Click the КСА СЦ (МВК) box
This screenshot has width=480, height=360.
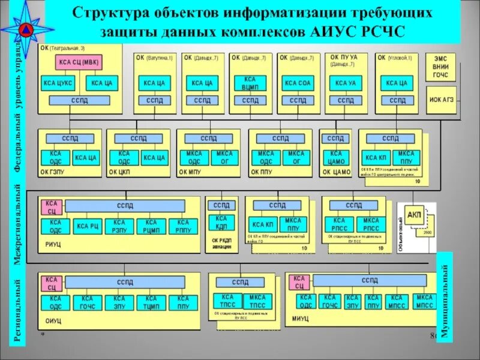79,62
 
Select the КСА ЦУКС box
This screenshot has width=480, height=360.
56,83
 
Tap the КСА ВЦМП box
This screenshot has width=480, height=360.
250,83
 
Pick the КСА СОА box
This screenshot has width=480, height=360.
298,83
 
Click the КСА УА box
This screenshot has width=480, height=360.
346,83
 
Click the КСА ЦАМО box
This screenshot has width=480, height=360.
335,158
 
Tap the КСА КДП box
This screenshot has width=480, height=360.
222,223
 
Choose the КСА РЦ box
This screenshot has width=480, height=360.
88,226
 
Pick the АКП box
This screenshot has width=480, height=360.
414,215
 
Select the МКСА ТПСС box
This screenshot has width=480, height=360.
258,301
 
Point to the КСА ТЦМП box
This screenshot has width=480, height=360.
151,302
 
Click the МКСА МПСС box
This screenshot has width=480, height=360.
424,301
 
